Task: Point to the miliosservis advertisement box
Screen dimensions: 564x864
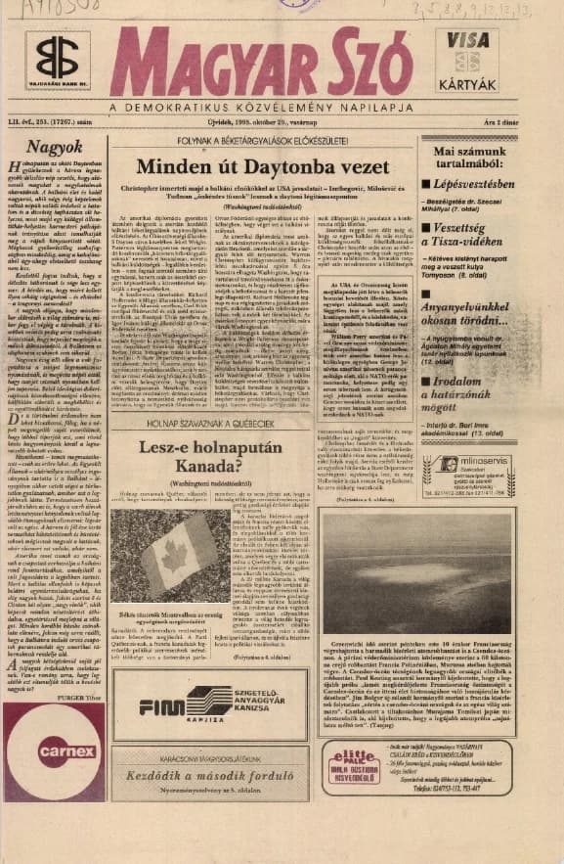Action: (468, 476)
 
